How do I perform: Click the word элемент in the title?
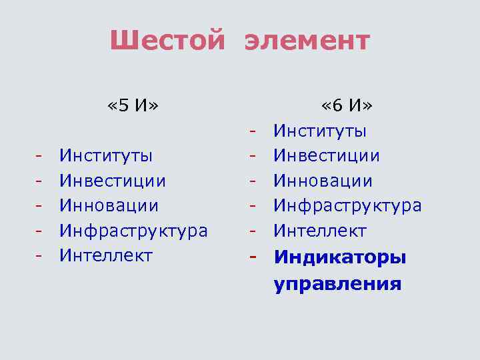tap(307, 41)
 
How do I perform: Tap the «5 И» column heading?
tap(133, 105)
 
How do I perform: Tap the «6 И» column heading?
tap(347, 105)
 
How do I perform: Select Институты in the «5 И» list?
tap(106, 156)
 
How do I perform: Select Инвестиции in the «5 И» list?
tap(113, 181)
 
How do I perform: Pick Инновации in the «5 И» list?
tap(109, 206)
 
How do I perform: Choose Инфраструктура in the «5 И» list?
tap(133, 231)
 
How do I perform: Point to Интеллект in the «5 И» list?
tap(106, 255)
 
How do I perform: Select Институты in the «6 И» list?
tap(320, 131)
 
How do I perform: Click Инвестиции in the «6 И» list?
tap(327, 156)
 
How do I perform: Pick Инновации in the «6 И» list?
tap(323, 181)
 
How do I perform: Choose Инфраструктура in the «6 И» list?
tap(347, 206)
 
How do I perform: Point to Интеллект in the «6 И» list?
tap(320, 231)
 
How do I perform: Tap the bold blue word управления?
tap(337, 285)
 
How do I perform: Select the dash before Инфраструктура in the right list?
tap(253, 206)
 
